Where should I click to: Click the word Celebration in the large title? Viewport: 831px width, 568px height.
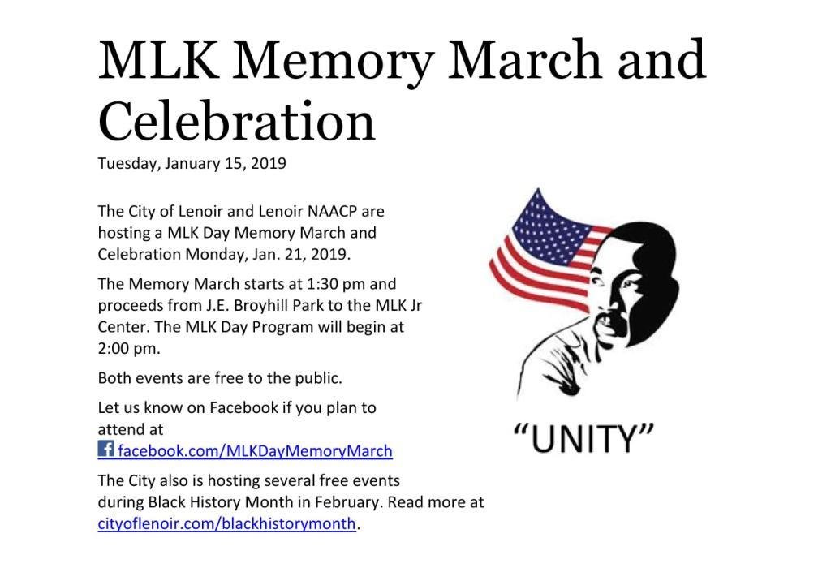coord(236,122)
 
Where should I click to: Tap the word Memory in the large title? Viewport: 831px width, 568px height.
coord(334,60)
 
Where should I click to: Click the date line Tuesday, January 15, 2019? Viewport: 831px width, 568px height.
coord(192,163)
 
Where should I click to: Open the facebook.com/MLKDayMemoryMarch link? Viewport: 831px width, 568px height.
coord(255,451)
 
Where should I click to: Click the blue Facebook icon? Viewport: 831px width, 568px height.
coord(106,449)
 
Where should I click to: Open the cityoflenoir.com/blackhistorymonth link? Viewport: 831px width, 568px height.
coord(227,523)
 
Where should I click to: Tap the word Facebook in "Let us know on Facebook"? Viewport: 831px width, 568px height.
coord(243,407)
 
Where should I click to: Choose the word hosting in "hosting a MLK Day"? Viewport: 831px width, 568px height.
coord(126,233)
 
